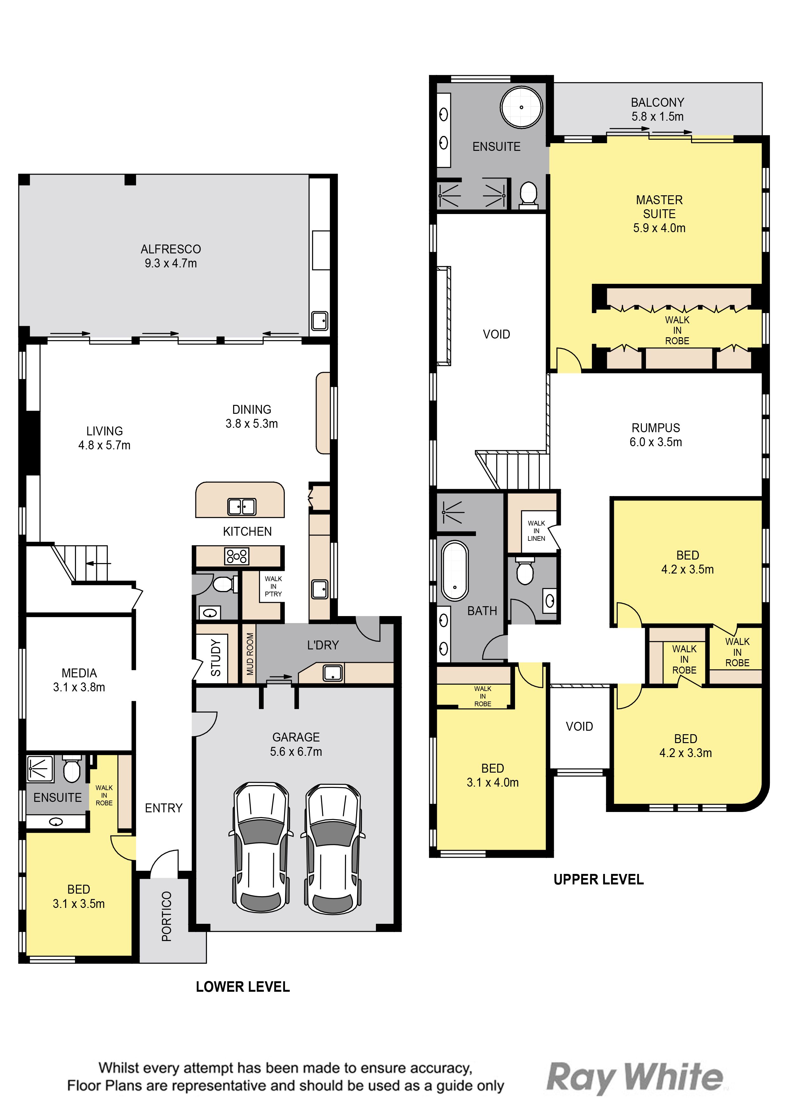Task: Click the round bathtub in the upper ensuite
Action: [x=521, y=107]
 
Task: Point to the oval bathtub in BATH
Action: [x=455, y=571]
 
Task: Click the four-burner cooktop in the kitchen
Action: [x=236, y=556]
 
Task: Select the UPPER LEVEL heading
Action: [x=599, y=880]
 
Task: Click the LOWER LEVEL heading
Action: [x=243, y=987]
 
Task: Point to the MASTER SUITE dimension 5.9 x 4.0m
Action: [x=659, y=228]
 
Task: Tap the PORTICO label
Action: [x=166, y=916]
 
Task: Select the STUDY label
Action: [x=215, y=658]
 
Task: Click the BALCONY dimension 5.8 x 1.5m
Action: [x=657, y=117]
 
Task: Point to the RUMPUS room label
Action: [x=656, y=428]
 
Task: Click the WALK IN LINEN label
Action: [x=536, y=531]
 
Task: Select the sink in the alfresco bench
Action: [x=319, y=321]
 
